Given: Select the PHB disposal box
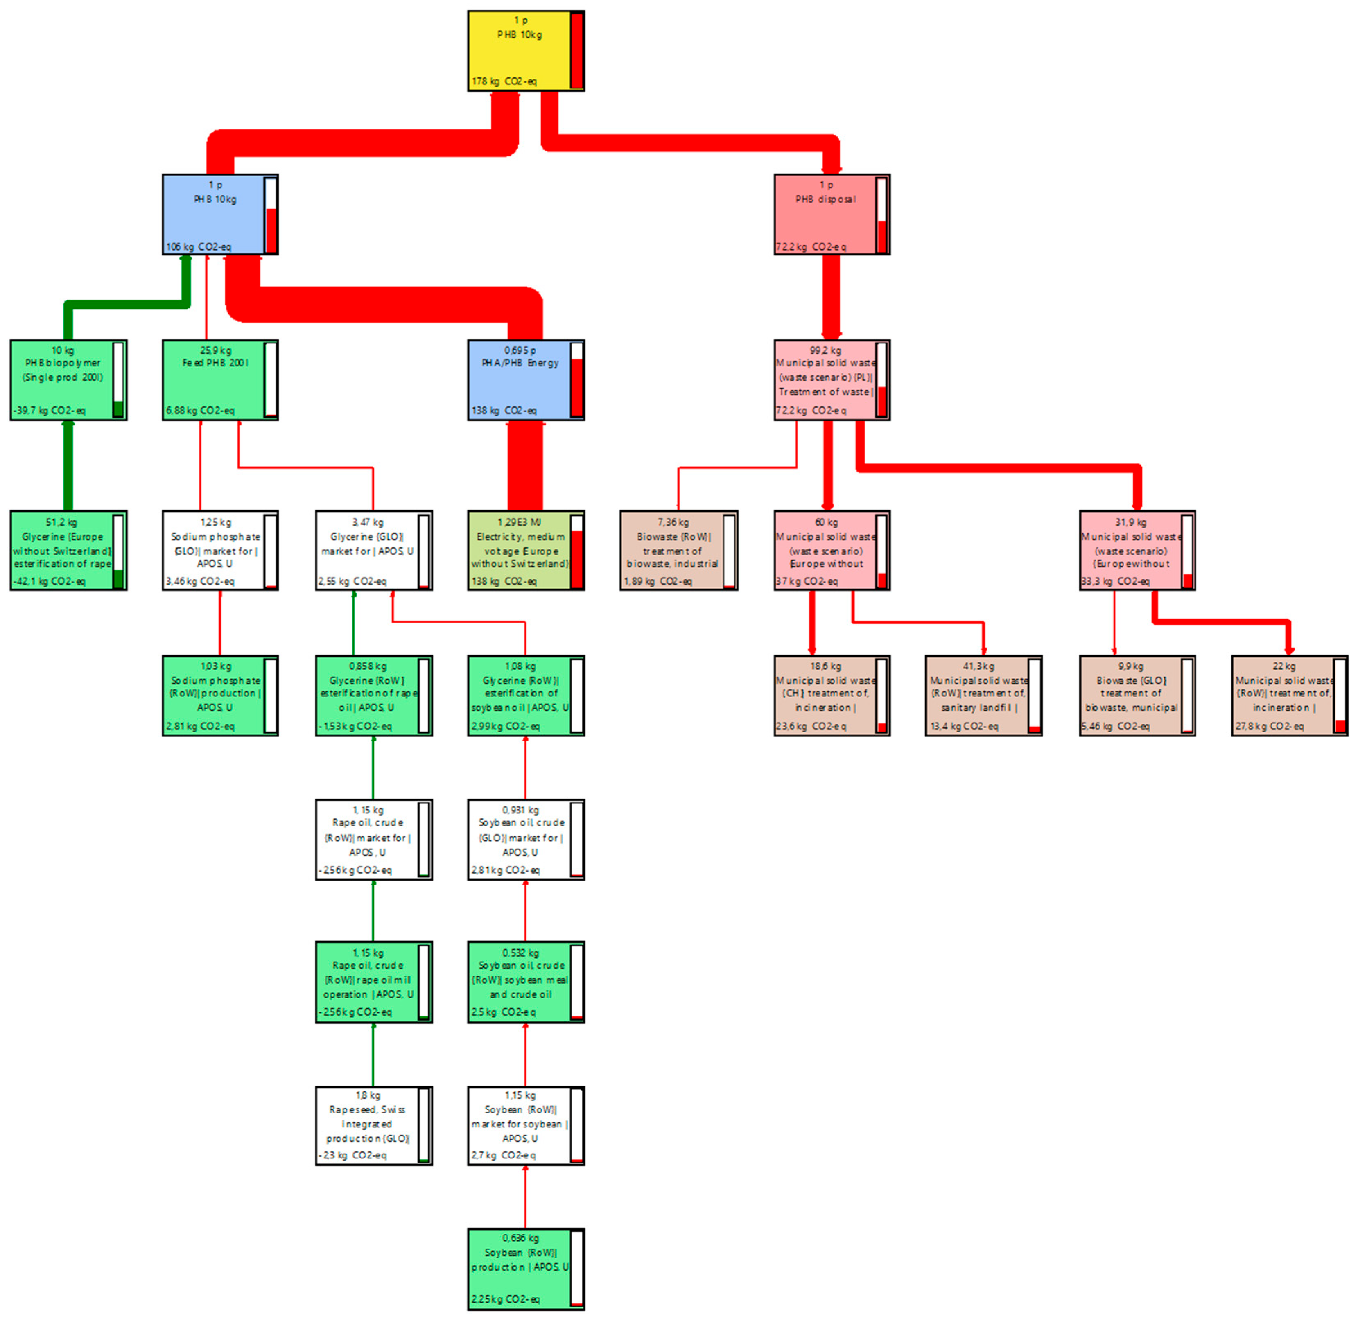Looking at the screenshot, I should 826,215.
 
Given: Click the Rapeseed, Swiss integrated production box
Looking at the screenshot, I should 368,1125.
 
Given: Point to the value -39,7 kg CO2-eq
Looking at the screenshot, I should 49,411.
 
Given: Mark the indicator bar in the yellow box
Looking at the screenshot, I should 576,51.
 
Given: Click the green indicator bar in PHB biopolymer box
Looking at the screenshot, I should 118,409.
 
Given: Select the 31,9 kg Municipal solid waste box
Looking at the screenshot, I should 1131,550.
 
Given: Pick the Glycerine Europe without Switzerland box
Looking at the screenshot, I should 63,550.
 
